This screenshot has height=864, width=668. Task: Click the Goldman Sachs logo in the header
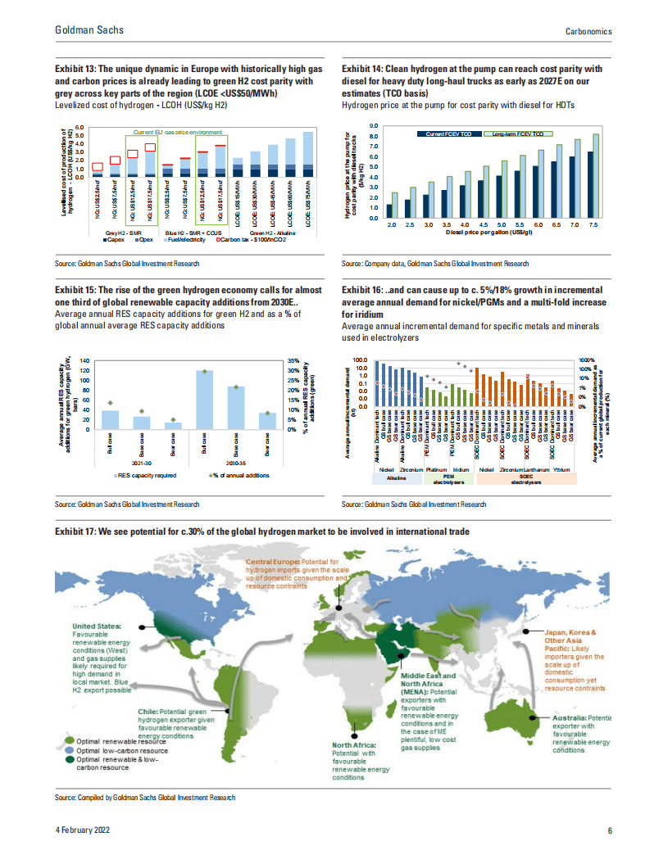click(89, 29)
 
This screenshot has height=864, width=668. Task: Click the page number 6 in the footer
click(610, 830)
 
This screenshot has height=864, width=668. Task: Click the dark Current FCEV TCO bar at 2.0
click(389, 210)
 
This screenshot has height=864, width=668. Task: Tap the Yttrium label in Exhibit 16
click(561, 469)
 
